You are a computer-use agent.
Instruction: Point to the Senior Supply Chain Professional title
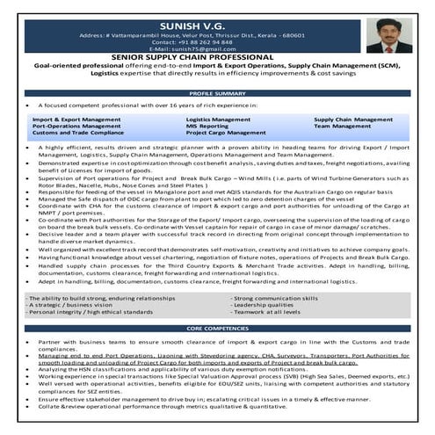[217, 60]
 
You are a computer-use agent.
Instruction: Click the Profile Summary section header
[217, 93]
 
